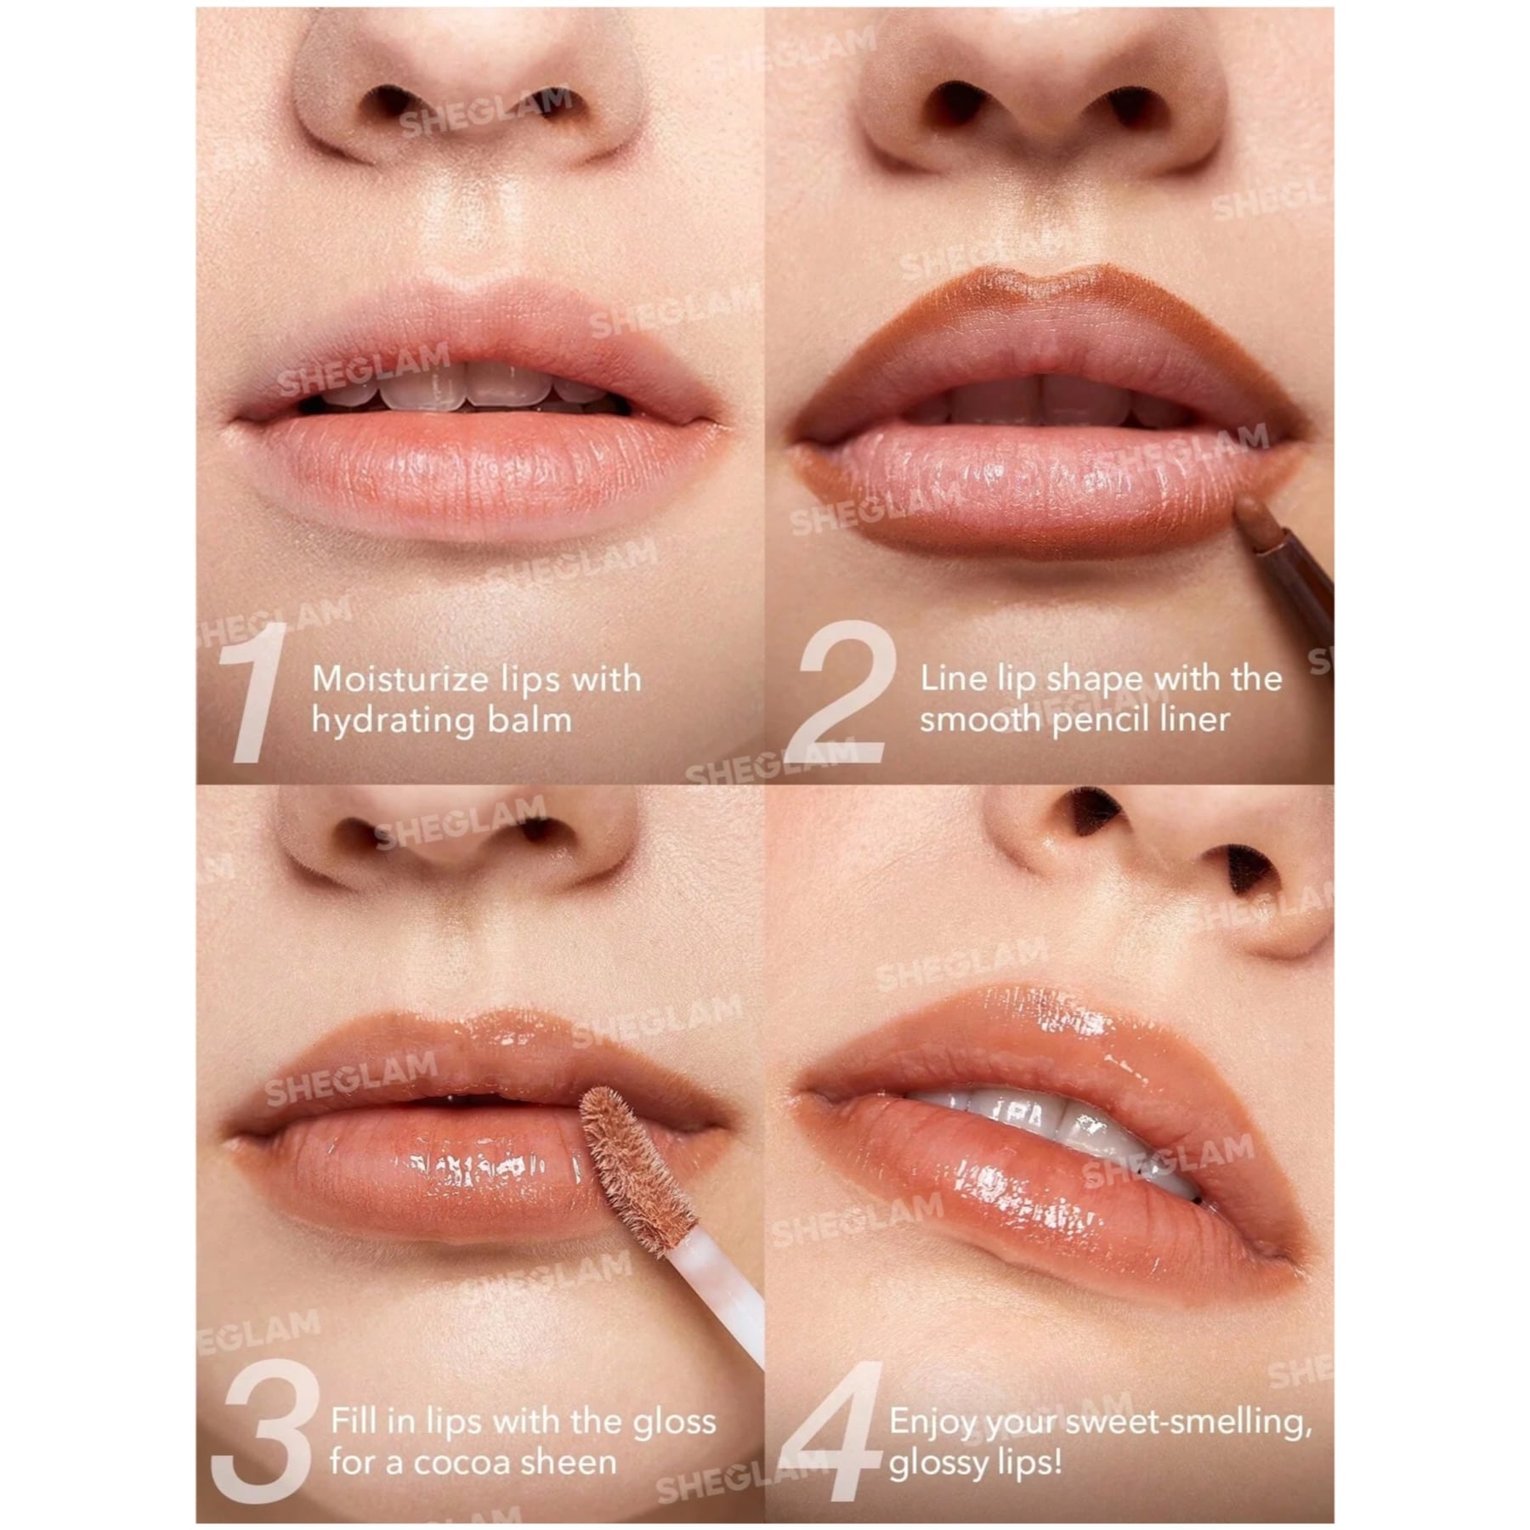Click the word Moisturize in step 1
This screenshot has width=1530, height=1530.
399,679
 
